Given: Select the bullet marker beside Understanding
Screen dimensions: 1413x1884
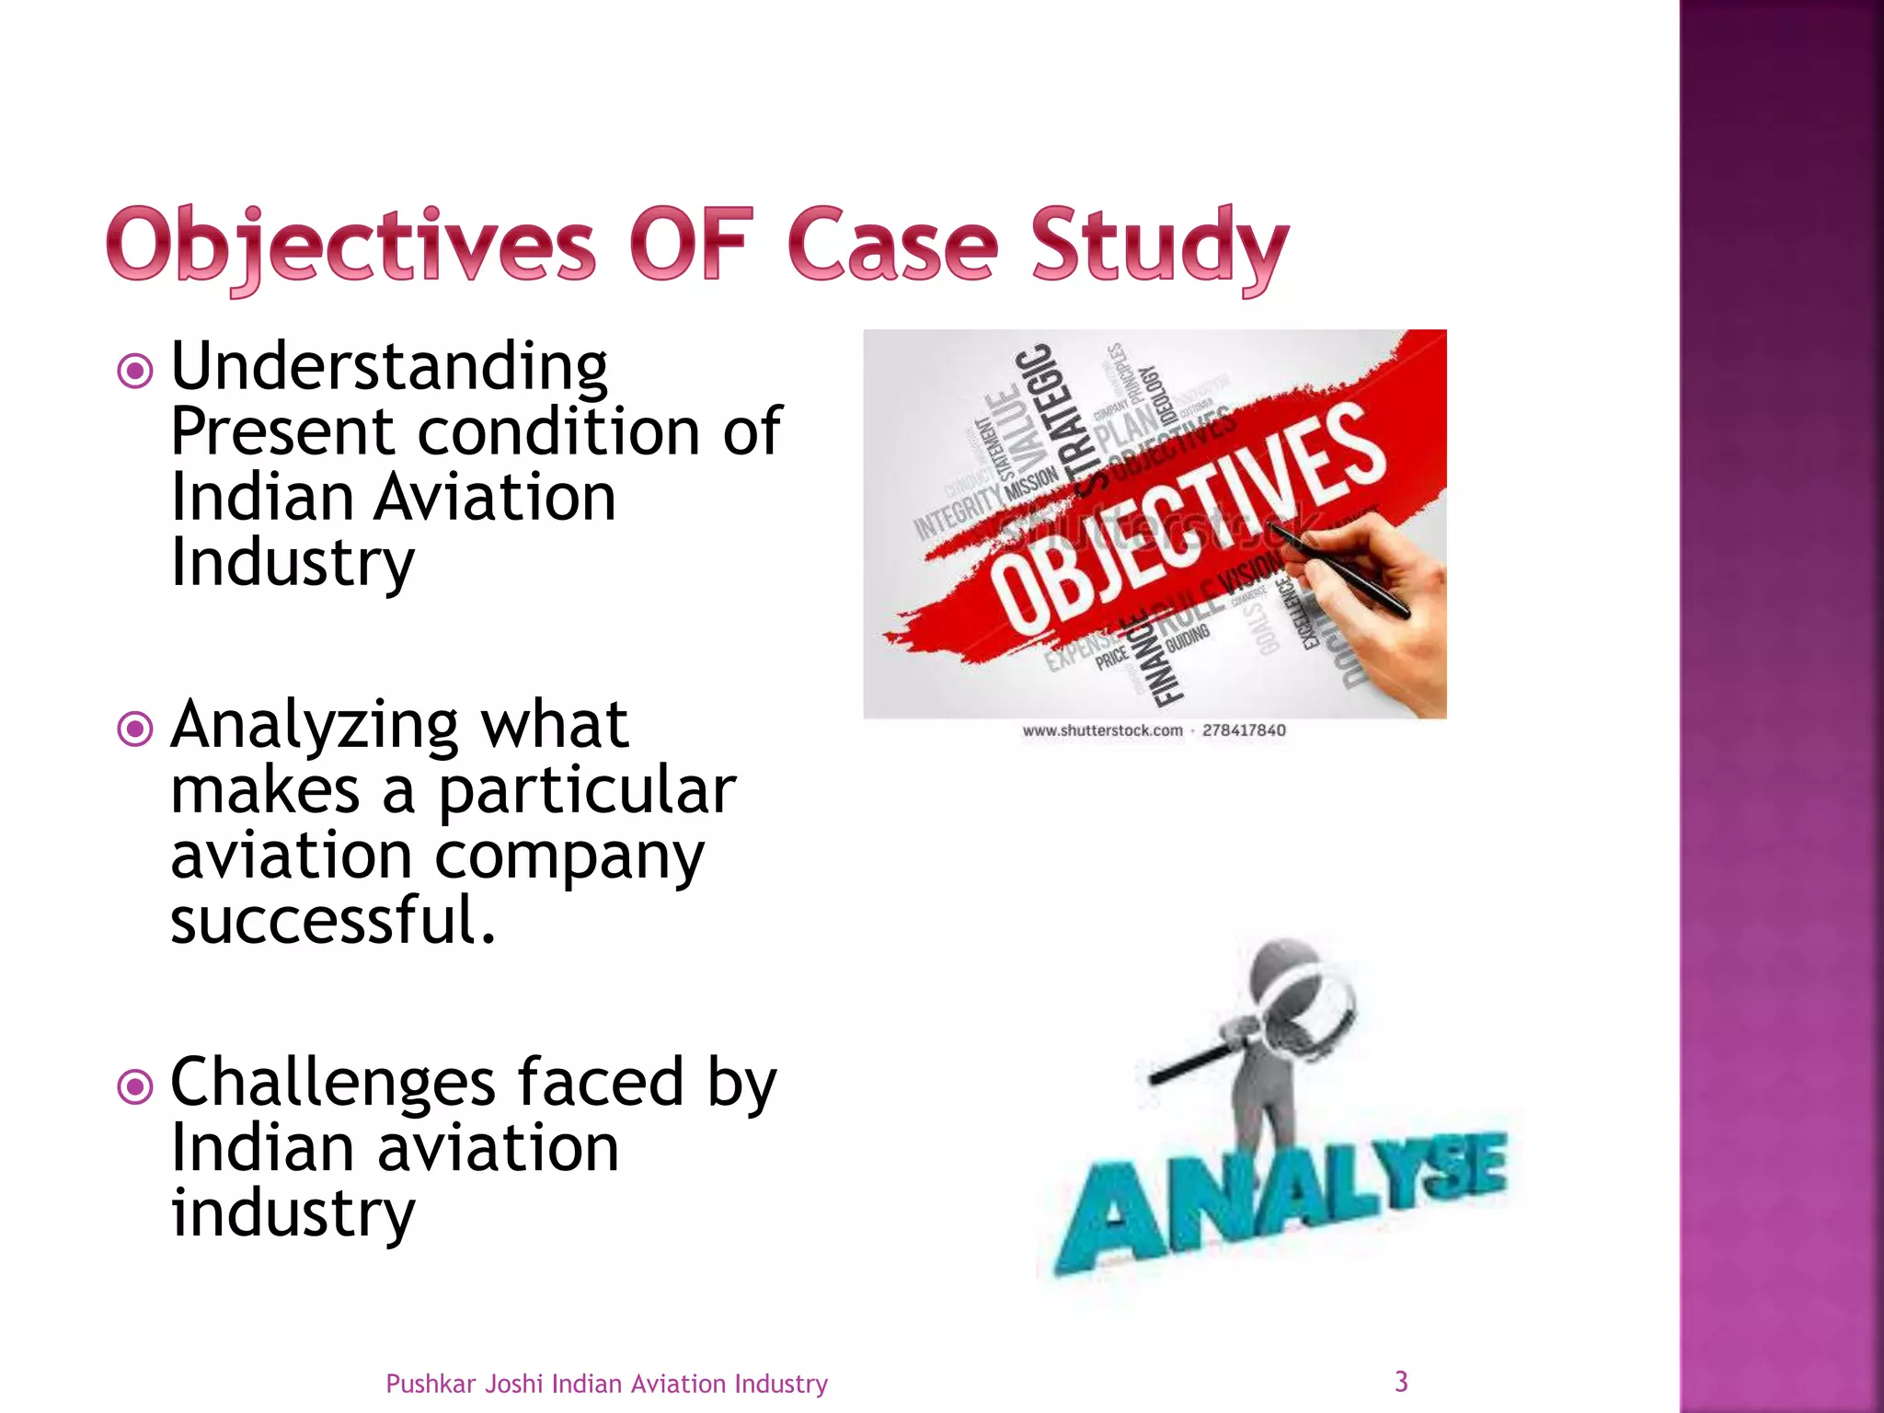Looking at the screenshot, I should (135, 371).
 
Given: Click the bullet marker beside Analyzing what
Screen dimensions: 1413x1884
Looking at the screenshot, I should (135, 729).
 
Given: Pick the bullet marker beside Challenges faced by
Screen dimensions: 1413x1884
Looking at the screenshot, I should (135, 1087).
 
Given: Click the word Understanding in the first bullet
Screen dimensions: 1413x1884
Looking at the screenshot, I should (389, 367).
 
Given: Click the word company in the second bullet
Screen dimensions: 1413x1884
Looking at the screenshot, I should (569, 857).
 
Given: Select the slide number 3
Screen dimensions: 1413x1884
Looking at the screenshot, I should (1401, 1381).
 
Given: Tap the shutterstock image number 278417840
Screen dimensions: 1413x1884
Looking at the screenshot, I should (1244, 730).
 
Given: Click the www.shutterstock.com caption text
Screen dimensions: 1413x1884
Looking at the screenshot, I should (1102, 730).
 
